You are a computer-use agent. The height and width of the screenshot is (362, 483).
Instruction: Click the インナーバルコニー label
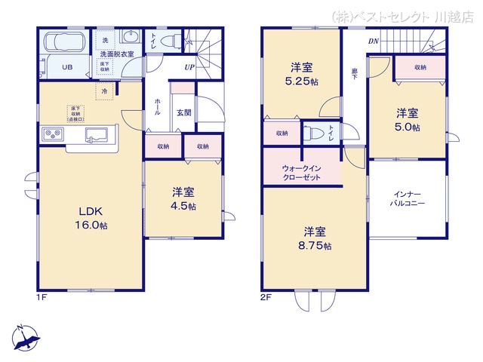(407, 199)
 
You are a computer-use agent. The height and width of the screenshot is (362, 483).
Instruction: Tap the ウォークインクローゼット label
(301, 173)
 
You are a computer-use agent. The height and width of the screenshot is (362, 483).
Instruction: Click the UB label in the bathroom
(67, 67)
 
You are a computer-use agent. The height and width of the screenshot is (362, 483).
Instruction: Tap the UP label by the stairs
(189, 68)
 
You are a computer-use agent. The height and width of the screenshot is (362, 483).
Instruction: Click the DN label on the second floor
(373, 42)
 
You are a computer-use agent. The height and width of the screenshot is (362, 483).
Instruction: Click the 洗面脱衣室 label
(117, 54)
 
